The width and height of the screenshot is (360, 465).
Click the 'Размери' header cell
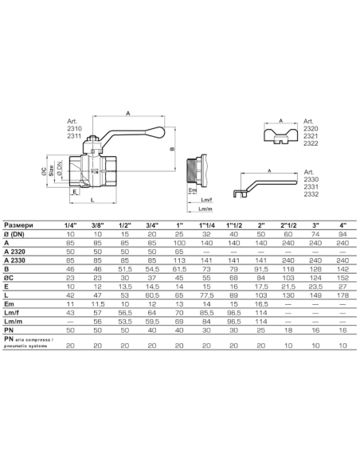click(x=18, y=225)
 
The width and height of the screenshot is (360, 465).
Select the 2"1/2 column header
click(x=288, y=225)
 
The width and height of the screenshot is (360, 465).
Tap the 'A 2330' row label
click(x=14, y=260)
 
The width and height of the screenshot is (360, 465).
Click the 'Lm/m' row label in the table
click(x=14, y=322)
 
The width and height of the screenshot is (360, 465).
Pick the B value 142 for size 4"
click(x=342, y=269)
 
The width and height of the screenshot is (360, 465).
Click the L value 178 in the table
click(x=342, y=295)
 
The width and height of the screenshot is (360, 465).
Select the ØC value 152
click(x=342, y=278)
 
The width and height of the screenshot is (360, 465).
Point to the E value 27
click(x=342, y=287)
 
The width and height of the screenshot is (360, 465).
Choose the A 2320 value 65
click(x=179, y=252)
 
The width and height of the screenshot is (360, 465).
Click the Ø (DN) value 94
click(x=342, y=234)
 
